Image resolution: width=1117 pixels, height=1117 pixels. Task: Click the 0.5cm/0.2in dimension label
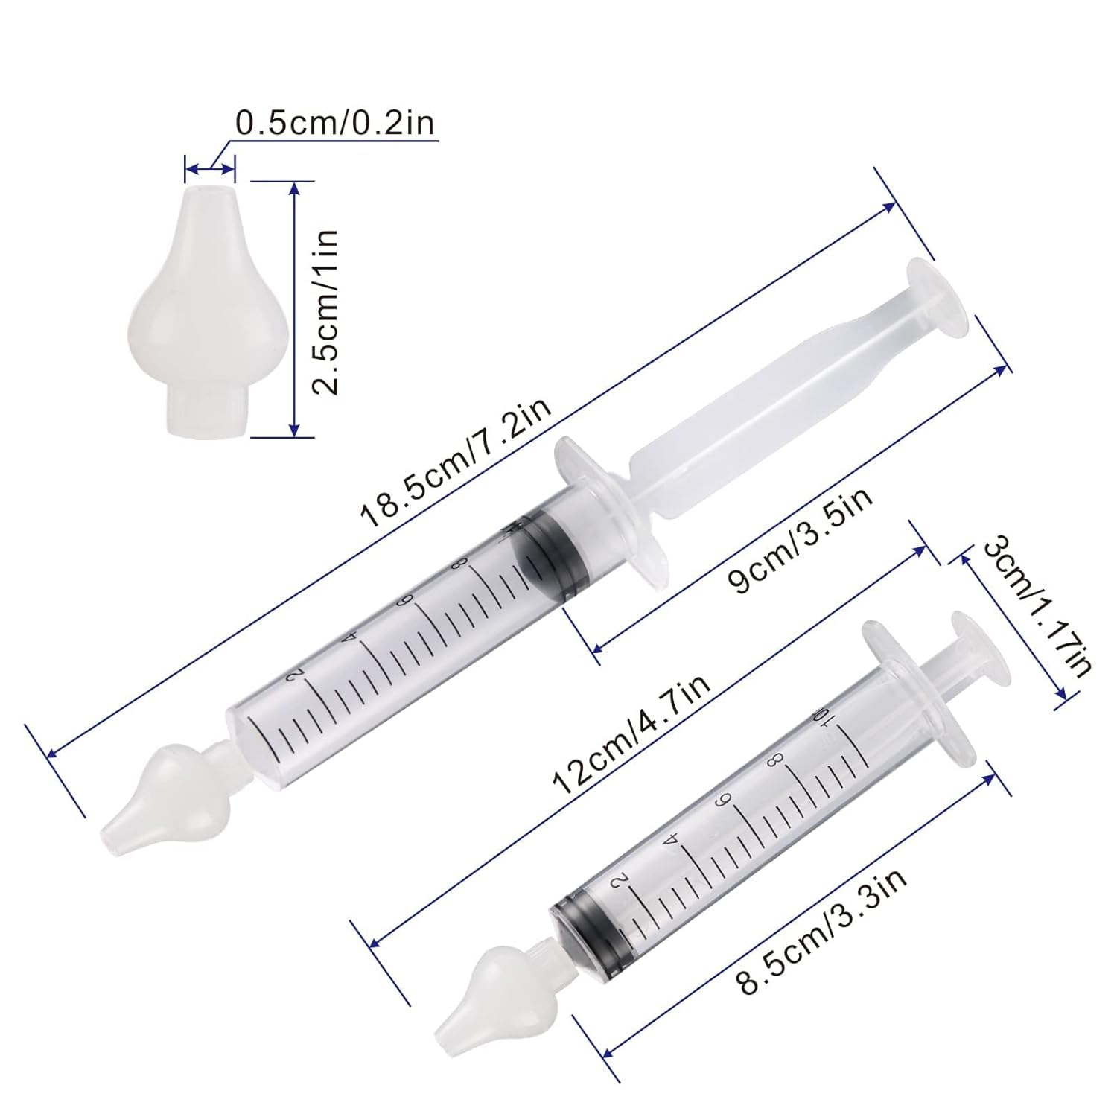[334, 123]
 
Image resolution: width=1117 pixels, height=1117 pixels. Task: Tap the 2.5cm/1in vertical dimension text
[325, 311]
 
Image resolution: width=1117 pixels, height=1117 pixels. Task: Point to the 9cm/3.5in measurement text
[801, 541]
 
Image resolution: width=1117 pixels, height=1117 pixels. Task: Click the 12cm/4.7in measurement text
[631, 732]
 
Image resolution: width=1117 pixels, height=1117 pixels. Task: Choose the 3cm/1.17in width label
[1037, 608]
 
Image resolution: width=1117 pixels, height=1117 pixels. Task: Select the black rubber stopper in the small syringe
[588, 926]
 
